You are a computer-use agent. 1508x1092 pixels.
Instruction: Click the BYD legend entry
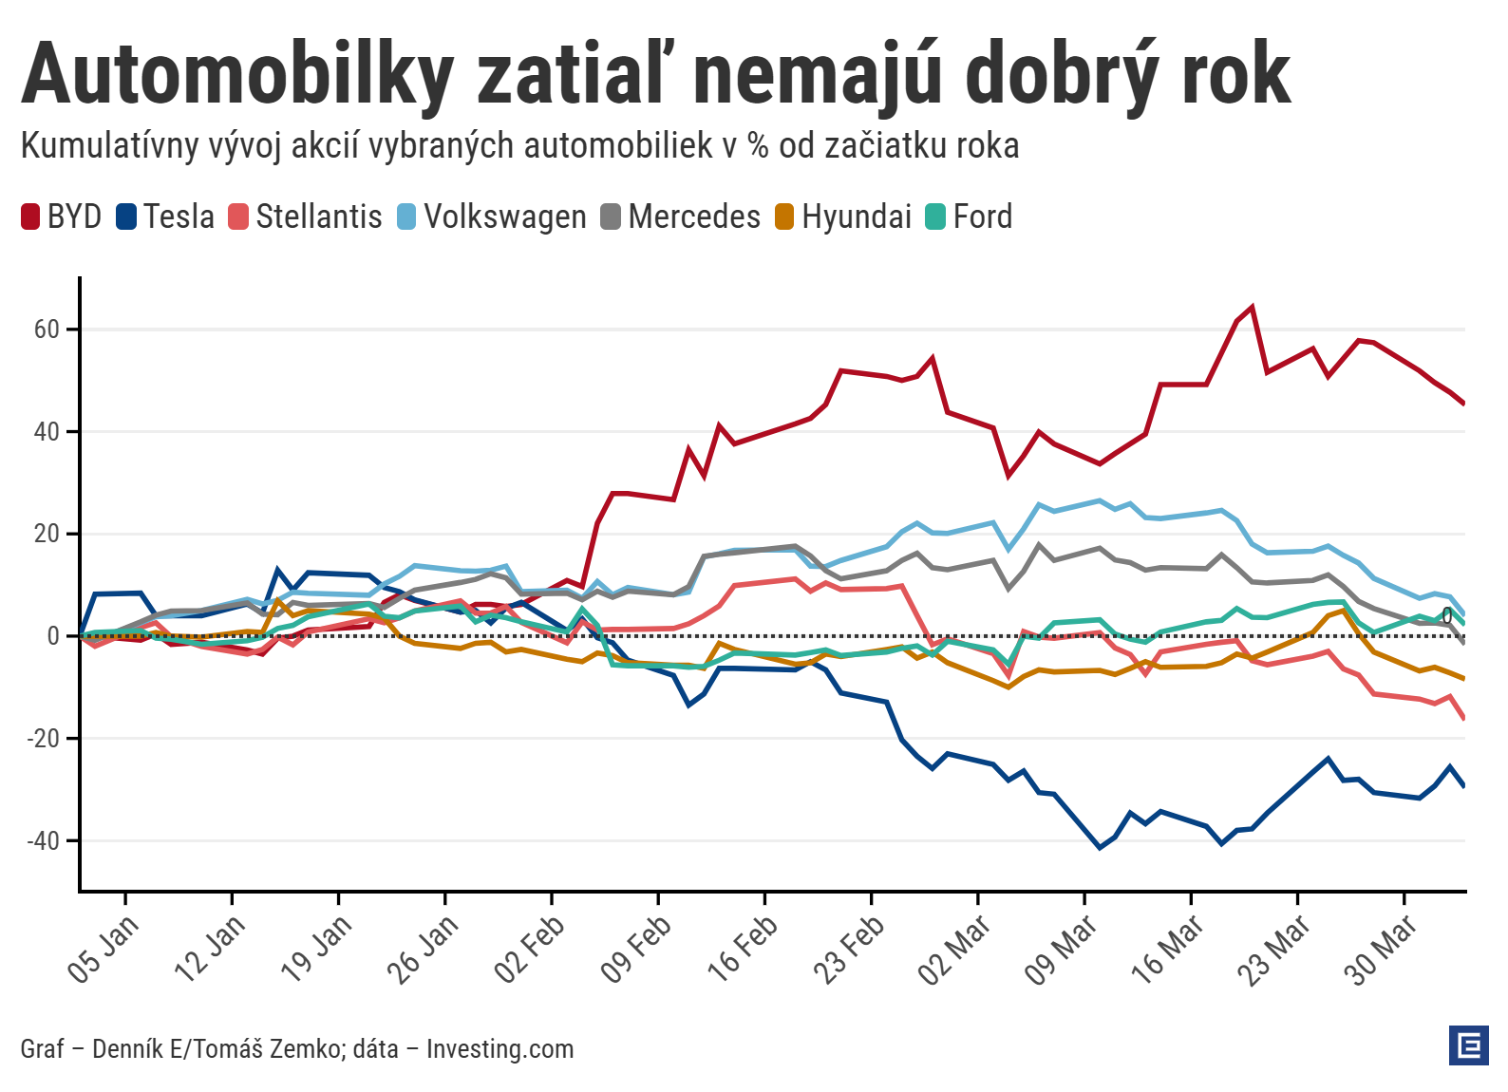62,217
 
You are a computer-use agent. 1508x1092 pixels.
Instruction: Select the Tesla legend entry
165,217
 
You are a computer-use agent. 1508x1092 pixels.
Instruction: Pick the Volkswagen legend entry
491,217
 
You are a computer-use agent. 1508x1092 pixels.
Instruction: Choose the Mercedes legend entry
681,217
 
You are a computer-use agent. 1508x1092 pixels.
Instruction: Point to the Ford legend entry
970,217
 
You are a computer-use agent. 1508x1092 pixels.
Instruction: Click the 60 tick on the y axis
47,329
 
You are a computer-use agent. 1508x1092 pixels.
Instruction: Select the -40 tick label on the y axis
42,840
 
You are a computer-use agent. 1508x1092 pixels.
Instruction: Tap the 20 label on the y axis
47,534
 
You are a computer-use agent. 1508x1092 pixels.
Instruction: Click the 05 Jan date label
103,950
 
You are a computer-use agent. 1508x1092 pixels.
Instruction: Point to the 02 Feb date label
529,950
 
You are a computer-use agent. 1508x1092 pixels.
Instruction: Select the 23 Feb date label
849,950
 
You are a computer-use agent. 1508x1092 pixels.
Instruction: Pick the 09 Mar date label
1062,950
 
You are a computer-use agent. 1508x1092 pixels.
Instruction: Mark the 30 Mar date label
1382,950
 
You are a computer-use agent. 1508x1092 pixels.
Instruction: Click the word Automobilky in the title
237,74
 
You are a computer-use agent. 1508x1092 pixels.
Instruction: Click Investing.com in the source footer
500,1049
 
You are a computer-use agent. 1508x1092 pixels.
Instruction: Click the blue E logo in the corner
1469,1045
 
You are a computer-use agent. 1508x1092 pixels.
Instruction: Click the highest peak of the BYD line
1253,307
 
